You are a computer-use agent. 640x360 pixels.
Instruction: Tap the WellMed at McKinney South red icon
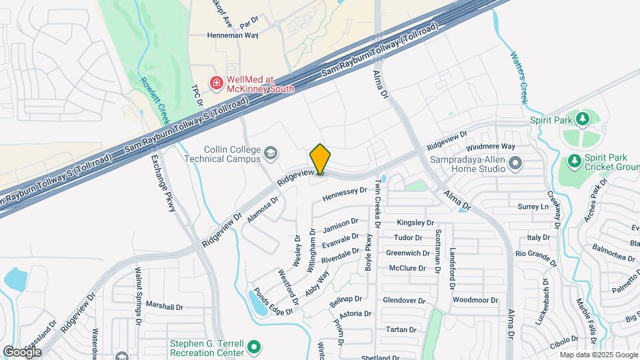pos(216,83)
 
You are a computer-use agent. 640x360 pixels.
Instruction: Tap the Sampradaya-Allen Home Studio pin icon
pos(514,163)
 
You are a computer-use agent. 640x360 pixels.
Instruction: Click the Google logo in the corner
pos(22,352)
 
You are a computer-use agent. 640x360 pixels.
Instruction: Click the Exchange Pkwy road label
pos(162,183)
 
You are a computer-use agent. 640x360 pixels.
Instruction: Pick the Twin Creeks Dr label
pos(377,203)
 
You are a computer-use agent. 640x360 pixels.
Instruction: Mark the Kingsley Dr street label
pos(415,223)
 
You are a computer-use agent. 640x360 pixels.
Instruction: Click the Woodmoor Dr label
pos(475,300)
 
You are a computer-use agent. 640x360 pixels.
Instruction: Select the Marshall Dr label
pos(165,307)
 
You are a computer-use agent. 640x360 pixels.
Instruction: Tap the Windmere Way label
pos(491,146)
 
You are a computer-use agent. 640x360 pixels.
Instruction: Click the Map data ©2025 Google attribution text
pos(597,355)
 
